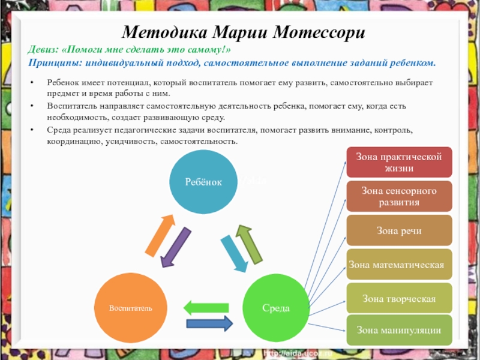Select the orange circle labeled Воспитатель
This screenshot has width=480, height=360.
tap(130, 308)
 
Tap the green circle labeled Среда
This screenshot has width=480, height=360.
tap(276, 308)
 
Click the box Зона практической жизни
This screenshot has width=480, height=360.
tap(399, 162)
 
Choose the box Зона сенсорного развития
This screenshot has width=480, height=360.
tap(399, 196)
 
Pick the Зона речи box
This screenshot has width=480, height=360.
tap(399, 230)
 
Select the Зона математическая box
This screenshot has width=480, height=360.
tap(399, 265)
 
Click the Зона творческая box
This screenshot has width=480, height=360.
tap(399, 298)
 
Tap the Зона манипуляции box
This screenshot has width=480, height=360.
tap(399, 330)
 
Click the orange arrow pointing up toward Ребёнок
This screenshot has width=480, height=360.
tap(161, 236)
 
